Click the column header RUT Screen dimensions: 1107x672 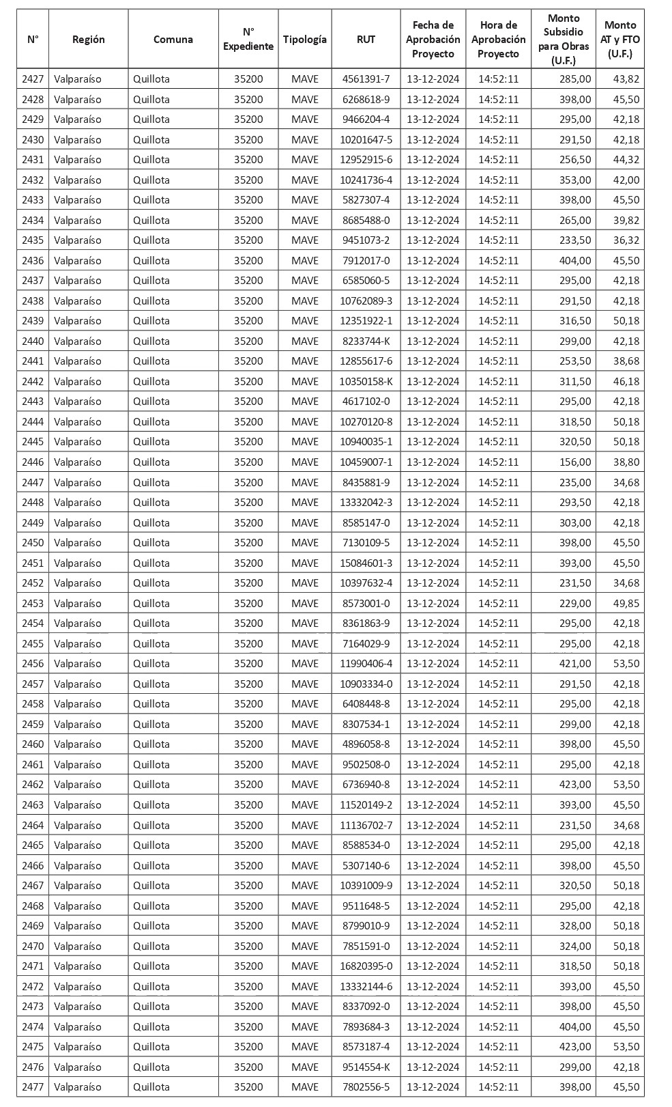[x=366, y=39]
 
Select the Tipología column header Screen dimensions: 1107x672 [x=304, y=39]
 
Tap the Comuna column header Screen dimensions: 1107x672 [x=173, y=39]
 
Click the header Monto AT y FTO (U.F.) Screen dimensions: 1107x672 [x=619, y=39]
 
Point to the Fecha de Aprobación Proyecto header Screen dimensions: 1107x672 [x=433, y=39]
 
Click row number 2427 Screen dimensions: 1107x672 [x=33, y=79]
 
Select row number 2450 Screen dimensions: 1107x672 [x=33, y=543]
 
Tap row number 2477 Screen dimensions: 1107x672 [x=33, y=1087]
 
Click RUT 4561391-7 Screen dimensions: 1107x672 [x=366, y=79]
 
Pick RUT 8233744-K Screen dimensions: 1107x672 [x=366, y=341]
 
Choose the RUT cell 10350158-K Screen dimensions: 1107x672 [x=366, y=382]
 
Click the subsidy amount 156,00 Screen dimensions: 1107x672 [x=574, y=462]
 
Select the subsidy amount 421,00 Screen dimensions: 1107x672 [x=574, y=664]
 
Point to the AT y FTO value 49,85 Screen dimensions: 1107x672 [x=626, y=604]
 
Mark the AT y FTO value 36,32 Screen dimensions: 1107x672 [x=626, y=240]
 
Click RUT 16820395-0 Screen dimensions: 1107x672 [x=366, y=966]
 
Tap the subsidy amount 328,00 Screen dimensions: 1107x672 [x=574, y=926]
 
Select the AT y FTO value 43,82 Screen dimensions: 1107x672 [x=626, y=79]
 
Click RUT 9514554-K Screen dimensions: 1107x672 [x=366, y=1067]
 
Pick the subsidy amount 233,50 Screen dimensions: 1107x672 [x=574, y=240]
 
